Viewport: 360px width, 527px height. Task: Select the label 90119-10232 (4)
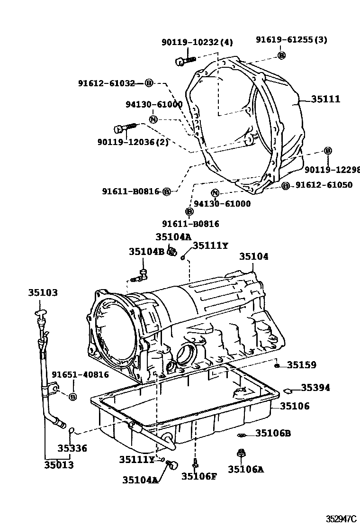197,43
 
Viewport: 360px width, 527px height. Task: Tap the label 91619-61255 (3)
291,40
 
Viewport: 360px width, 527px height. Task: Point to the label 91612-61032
110,83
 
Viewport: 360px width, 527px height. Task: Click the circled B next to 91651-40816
72,396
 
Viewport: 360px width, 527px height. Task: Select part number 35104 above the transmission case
253,256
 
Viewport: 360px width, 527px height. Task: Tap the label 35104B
146,252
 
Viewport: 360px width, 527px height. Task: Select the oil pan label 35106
294,406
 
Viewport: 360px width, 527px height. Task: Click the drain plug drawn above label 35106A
241,454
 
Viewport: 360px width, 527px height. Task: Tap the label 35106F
198,476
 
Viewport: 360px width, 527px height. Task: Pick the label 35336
72,448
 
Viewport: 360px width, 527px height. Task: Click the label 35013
59,465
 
